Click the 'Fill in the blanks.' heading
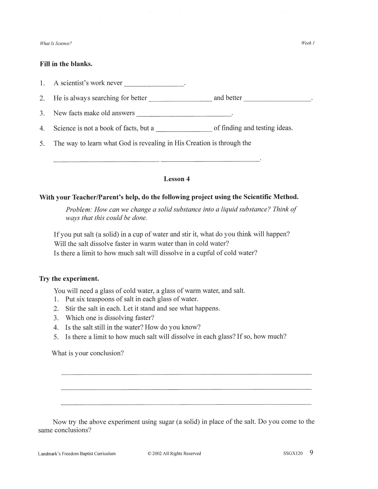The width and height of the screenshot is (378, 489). tap(66, 64)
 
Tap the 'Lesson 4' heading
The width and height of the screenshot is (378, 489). tap(177, 179)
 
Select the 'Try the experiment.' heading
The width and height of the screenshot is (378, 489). tap(69, 278)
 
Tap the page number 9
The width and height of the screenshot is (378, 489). tap(311, 453)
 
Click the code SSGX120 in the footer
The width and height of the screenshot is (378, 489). tap(293, 453)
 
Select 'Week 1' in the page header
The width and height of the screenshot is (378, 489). tap(308, 43)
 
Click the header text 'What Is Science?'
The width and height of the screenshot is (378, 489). tap(56, 43)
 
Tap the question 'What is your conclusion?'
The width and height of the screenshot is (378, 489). tap(88, 353)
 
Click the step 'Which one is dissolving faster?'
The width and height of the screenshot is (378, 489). tap(110, 318)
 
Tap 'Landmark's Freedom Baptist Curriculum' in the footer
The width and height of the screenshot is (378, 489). tap(77, 454)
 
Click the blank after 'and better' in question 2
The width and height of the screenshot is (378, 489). tap(277, 99)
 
